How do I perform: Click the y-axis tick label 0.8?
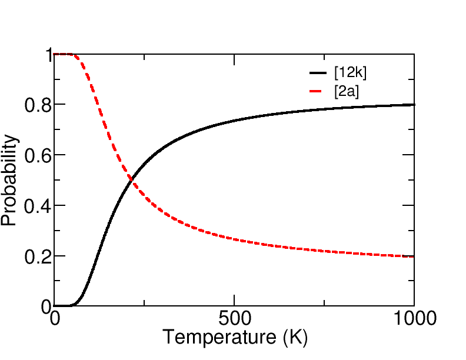click(36, 105)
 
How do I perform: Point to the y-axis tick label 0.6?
click(36, 156)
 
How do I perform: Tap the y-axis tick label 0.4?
click(36, 206)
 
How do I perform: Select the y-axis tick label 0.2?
click(36, 257)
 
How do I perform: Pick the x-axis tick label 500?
click(235, 319)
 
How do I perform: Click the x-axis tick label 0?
click(55, 319)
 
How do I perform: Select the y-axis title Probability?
click(9, 180)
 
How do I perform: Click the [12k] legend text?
click(350, 72)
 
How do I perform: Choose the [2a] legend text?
click(346, 91)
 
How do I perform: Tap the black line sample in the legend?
click(318, 72)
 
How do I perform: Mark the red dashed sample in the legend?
click(318, 91)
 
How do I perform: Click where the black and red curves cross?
click(130, 179)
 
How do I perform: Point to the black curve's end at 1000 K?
click(414, 105)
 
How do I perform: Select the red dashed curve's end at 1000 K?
click(414, 256)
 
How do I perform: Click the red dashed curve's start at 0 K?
click(55, 54)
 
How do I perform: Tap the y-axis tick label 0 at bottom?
click(46, 307)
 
